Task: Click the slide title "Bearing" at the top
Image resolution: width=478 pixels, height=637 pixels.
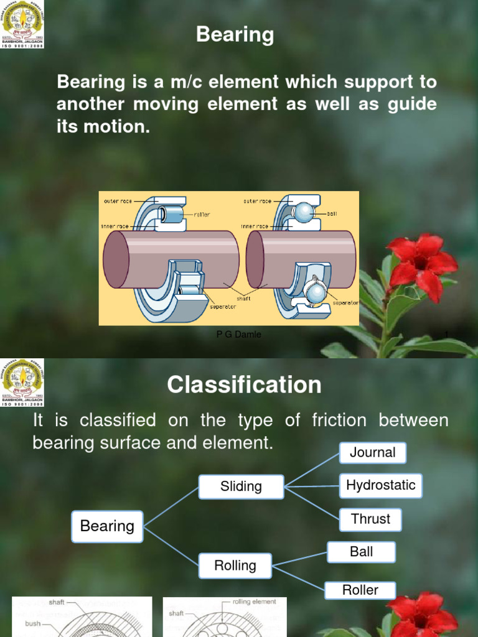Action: point(235,35)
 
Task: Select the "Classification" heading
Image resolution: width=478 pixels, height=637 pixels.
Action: point(244,385)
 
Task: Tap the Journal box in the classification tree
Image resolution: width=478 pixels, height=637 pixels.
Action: point(372,453)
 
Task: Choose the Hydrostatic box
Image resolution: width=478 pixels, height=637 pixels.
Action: point(380,485)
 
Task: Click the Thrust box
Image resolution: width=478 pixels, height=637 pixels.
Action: point(370,519)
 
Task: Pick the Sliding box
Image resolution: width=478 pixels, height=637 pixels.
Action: point(241,486)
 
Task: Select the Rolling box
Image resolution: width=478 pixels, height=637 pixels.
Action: point(235,565)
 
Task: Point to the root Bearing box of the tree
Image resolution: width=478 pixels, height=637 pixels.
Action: point(107,526)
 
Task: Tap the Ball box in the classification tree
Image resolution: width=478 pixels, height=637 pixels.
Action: point(361,552)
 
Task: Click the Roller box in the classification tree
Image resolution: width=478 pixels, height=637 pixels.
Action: point(360,590)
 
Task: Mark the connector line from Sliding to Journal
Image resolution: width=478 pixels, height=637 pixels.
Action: point(311,470)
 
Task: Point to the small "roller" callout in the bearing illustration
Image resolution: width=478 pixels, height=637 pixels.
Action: point(202,215)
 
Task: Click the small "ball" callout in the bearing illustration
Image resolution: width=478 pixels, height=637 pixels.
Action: point(332,213)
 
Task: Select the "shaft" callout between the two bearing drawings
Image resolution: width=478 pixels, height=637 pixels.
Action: point(243,298)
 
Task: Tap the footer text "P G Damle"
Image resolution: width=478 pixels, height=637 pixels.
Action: point(238,335)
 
